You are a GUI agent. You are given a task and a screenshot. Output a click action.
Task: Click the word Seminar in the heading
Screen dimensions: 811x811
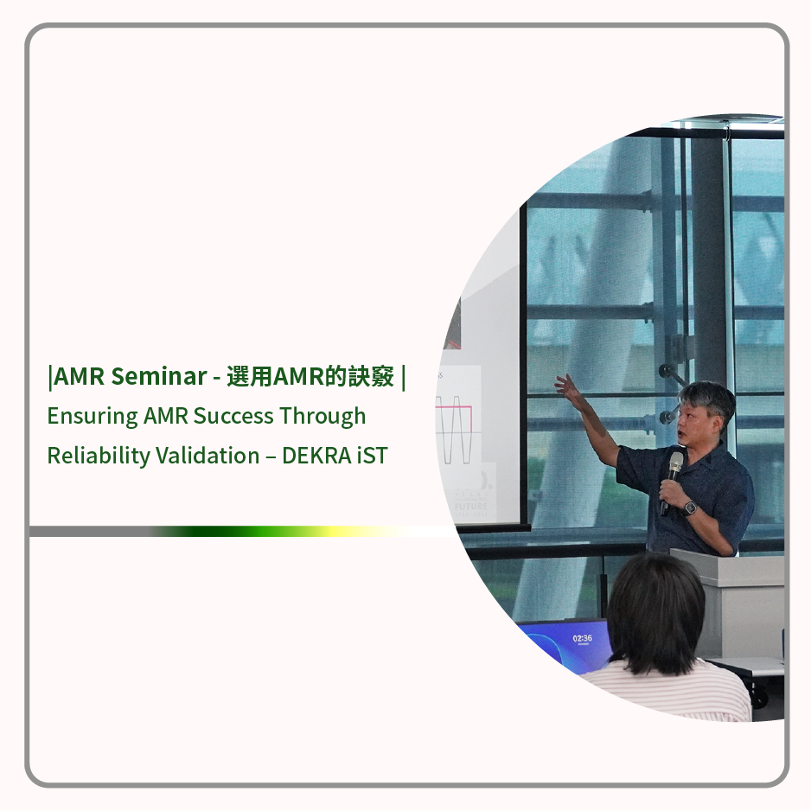pyautogui.click(x=159, y=376)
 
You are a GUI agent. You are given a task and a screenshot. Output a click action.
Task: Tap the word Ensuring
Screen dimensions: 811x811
pyautogui.click(x=93, y=417)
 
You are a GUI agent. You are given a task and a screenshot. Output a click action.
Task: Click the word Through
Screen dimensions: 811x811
pyautogui.click(x=322, y=417)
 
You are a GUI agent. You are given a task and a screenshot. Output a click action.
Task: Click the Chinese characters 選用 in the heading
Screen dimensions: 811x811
pyautogui.click(x=249, y=376)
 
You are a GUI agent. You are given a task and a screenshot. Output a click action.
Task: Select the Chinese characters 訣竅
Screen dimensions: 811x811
pyautogui.click(x=371, y=376)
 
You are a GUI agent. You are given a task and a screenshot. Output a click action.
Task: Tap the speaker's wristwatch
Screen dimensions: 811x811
pyautogui.click(x=689, y=508)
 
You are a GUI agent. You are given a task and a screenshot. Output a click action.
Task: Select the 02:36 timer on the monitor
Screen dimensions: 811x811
pyautogui.click(x=583, y=639)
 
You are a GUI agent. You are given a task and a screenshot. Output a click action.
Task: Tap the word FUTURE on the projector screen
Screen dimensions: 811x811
pyautogui.click(x=470, y=507)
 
